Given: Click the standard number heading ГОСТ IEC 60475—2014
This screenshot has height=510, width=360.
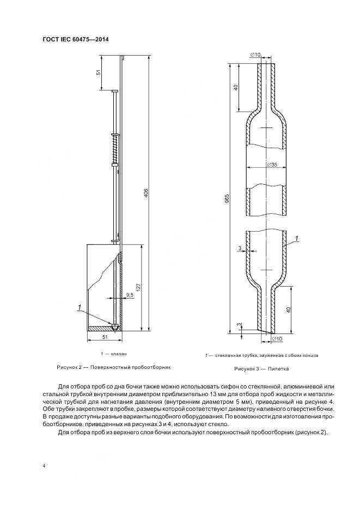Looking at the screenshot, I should click(78, 39).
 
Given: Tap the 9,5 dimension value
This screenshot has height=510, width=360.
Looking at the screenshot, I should click(130, 295).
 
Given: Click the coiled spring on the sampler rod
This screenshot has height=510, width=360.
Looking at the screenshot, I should click(115, 149).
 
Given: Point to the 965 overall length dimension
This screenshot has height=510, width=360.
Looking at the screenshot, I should click(227, 197).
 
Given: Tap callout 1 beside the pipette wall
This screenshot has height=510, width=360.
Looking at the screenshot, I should click(296, 238).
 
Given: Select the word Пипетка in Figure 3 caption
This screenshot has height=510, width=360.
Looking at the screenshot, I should click(278, 369).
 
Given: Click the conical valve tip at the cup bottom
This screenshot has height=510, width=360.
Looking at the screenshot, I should click(116, 326).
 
